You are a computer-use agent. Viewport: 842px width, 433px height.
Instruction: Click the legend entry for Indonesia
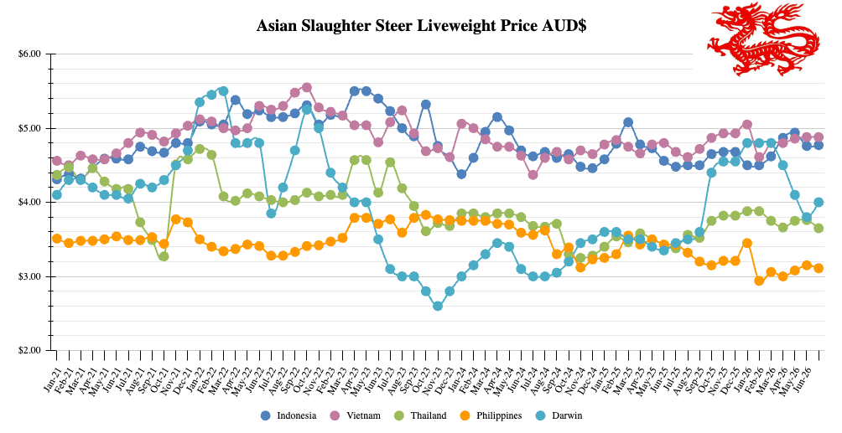288,415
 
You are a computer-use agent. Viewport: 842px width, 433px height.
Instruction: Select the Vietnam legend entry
357,415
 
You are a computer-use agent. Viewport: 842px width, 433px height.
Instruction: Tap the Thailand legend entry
422,415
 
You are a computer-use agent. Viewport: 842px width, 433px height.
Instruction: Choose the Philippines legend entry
491,415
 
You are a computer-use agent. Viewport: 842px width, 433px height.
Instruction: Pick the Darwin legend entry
559,415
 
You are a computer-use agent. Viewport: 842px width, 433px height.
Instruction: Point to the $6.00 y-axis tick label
29,54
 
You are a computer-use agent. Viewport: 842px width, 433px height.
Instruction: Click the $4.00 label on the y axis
29,203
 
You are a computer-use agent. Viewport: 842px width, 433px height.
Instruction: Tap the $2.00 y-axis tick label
29,350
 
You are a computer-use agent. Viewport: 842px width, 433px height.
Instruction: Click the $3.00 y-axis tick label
29,276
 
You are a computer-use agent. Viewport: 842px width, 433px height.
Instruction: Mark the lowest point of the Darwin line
438,306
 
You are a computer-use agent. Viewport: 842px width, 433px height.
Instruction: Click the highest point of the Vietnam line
307,87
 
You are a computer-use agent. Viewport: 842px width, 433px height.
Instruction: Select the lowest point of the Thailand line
164,256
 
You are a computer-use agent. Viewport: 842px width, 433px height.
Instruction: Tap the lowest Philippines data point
759,281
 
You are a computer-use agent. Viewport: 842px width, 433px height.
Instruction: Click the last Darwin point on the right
819,203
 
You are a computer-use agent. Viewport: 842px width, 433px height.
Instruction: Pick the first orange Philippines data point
57,239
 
